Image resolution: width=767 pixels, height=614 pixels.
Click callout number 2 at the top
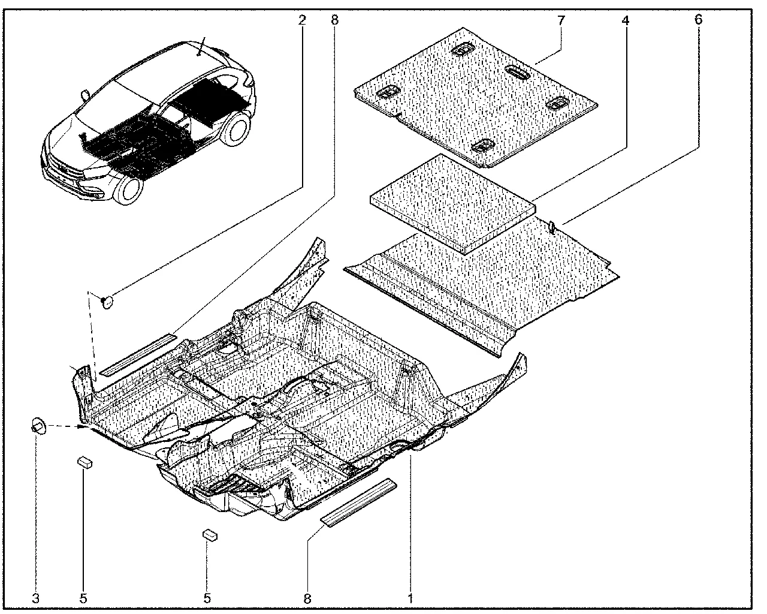coord(302,20)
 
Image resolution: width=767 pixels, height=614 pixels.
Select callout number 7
coord(561,20)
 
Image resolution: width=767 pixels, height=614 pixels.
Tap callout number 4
coord(626,20)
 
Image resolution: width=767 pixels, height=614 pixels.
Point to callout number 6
coord(699,20)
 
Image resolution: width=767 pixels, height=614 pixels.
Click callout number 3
coord(35,598)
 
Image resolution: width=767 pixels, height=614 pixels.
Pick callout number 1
coord(410,598)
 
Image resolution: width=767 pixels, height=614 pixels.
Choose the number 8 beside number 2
coord(334,20)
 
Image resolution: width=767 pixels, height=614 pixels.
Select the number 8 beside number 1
coord(307,598)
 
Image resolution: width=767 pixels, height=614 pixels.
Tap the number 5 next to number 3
coord(83,598)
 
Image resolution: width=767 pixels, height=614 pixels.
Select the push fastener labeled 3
coord(38,426)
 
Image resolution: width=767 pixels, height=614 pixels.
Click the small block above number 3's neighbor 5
coord(85,463)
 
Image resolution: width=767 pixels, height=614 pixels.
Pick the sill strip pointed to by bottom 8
coord(358,502)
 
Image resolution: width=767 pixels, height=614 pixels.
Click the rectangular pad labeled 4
coord(453,204)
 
